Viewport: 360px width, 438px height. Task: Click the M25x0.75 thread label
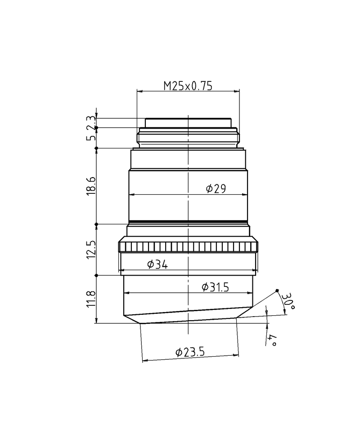188,85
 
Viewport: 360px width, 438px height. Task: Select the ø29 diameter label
216,189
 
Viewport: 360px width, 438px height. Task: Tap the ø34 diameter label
157,265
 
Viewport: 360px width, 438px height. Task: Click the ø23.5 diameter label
190,352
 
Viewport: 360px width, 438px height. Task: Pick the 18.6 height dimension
92,186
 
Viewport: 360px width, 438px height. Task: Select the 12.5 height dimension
92,249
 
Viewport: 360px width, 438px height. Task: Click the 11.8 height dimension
92,299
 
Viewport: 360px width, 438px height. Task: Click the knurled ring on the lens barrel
189,247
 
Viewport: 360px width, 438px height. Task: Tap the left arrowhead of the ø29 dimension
131,195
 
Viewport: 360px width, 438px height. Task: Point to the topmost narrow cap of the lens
188,122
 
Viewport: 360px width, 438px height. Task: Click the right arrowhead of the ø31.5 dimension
251,293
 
